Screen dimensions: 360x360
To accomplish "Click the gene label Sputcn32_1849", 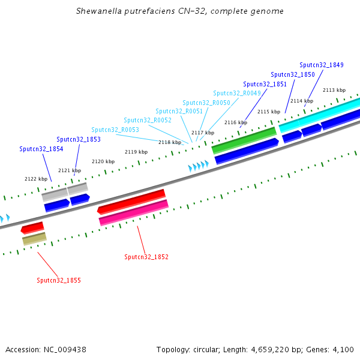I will [321, 65].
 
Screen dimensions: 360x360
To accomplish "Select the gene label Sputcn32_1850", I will [292, 74].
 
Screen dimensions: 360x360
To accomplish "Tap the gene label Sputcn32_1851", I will [265, 84].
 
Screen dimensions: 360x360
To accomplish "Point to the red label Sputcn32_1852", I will [146, 257].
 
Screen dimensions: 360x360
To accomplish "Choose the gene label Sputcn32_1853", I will [78, 139].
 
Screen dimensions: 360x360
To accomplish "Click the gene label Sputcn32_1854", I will [41, 149].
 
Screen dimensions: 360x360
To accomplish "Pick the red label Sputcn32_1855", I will [58, 280].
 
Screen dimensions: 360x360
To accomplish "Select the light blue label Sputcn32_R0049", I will [236, 93].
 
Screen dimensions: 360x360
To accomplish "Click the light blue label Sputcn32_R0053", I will [115, 130].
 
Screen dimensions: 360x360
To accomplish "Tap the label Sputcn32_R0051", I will [179, 111].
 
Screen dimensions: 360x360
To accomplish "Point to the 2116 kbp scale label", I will [236, 122].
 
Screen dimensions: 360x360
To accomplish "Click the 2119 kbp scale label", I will [136, 152].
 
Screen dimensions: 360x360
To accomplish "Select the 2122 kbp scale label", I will [36, 179].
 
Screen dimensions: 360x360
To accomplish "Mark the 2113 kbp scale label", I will [334, 90].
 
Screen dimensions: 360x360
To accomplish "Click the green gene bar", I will [244, 140].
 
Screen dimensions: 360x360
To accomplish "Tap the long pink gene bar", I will [133, 212].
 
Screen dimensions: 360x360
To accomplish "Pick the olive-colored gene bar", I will [34, 239].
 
